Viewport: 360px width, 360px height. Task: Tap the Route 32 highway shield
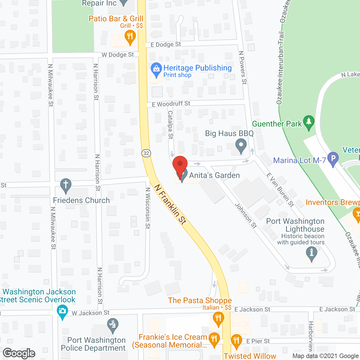(x=146, y=153)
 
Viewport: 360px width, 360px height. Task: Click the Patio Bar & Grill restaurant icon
(x=130, y=37)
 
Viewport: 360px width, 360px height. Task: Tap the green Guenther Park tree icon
(x=309, y=122)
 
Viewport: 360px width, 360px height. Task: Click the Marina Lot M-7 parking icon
(x=333, y=159)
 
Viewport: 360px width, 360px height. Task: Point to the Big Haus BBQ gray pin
(x=241, y=146)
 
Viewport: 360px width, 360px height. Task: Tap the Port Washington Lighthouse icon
(x=311, y=253)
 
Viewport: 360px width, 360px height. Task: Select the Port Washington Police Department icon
(x=113, y=325)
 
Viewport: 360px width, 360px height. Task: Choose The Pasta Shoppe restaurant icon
(x=218, y=319)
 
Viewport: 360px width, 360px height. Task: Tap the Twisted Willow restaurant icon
(x=236, y=341)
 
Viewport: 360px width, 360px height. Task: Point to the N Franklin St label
(x=170, y=204)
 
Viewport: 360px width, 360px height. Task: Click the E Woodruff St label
(x=171, y=104)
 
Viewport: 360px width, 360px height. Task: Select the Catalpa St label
(x=170, y=125)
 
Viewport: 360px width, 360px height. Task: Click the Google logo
(x=19, y=353)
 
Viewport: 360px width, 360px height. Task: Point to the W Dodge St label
(x=118, y=55)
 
